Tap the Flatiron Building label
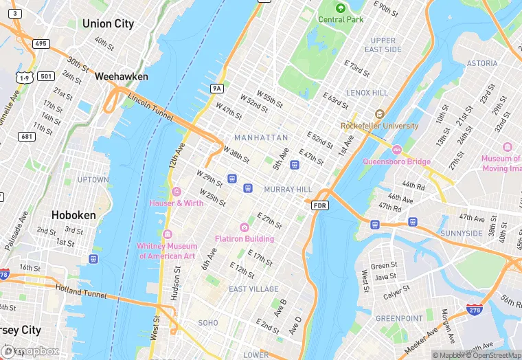pyautogui.click(x=245, y=238)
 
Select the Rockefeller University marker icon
pyautogui.click(x=379, y=114)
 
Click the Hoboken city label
pyautogui.click(x=74, y=215)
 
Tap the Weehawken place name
pyautogui.click(x=122, y=76)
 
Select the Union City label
pyautogui.click(x=108, y=23)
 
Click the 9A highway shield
pyautogui.click(x=217, y=89)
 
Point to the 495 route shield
pyautogui.click(x=41, y=44)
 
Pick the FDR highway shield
pyautogui.click(x=320, y=205)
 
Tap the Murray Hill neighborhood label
pyautogui.click(x=288, y=189)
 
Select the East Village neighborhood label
pyautogui.click(x=253, y=289)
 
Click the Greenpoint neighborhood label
pyautogui.click(x=398, y=318)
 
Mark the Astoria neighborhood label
pyautogui.click(x=482, y=63)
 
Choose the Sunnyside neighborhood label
pyautogui.click(x=462, y=234)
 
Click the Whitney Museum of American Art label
pyautogui.click(x=167, y=251)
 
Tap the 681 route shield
pyautogui.click(x=27, y=137)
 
